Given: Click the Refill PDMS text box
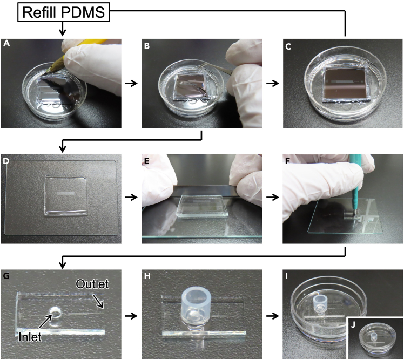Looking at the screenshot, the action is [x=64, y=12].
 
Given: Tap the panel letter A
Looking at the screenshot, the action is [x=6, y=43].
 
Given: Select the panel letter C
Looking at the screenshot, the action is [x=288, y=46].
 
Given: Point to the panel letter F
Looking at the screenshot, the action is [x=288, y=161].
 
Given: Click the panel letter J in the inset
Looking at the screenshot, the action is [x=353, y=325].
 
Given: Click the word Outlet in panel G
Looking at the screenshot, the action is [x=92, y=284].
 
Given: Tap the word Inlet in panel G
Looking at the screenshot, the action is [x=30, y=337].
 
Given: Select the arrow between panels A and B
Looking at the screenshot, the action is [x=131, y=83].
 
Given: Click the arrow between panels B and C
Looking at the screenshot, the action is [x=273, y=83].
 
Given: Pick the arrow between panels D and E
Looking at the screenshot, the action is [x=131, y=198].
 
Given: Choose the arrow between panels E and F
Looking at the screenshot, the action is [x=273, y=198].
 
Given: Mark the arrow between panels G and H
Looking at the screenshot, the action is [x=131, y=316].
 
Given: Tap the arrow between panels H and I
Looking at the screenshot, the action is [x=273, y=316].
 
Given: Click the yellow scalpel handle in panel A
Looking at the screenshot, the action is [x=85, y=48].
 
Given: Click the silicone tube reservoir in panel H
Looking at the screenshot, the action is [x=197, y=304].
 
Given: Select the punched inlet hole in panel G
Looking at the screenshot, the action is [x=56, y=313].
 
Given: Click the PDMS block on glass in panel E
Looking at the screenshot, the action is [x=202, y=206].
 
